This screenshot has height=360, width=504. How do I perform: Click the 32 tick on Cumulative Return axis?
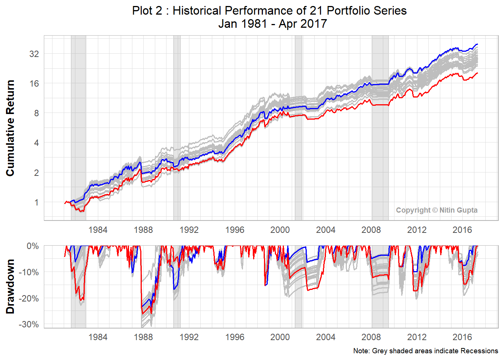tap(34, 54)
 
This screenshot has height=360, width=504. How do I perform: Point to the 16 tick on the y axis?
tap(34, 84)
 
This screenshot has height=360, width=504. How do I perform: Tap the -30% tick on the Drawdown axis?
tap(29, 324)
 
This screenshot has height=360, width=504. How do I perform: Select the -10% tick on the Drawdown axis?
tap(29, 272)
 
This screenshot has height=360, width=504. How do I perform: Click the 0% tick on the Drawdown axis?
tap(33, 246)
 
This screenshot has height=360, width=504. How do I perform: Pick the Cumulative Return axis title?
tap(10, 128)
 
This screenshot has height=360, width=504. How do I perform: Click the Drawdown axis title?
tap(10, 286)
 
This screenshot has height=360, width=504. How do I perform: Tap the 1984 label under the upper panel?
tap(98, 230)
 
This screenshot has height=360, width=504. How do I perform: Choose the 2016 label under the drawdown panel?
tap(462, 337)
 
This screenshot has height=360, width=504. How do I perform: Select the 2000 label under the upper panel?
tap(280, 230)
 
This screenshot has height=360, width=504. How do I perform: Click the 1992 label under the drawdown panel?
tap(189, 337)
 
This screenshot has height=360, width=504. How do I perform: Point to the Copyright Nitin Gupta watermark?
tap(436, 210)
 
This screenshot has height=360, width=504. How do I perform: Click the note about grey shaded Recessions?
tap(426, 351)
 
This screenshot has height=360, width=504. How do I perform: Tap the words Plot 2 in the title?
tap(147, 10)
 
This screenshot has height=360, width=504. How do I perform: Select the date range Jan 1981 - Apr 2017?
tap(273, 24)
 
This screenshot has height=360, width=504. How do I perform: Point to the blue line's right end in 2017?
tap(477, 44)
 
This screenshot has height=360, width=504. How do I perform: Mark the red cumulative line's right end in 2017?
tap(477, 73)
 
